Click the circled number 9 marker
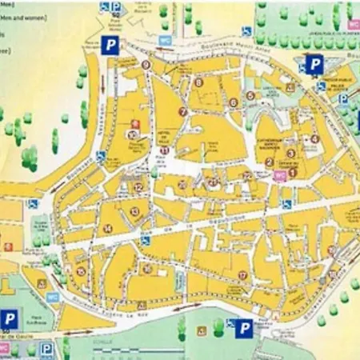pos(146,65)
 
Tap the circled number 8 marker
pos(198,82)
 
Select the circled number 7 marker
pos(182,112)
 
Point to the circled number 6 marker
pos(234,102)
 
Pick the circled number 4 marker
pos(314,138)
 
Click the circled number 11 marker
pos(164,150)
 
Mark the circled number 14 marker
pos(107,228)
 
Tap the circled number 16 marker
pos(147,268)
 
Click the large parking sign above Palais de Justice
pos(315,64)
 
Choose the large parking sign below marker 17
pos(245,327)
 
